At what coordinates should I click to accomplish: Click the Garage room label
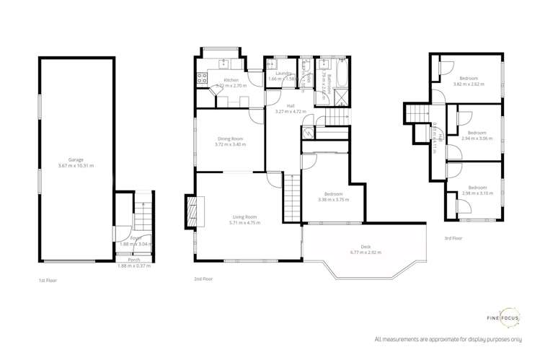click(x=76, y=159)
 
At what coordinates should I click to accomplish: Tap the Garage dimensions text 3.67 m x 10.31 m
click(x=76, y=166)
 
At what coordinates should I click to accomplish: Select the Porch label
click(x=134, y=260)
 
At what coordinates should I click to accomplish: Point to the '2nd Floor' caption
click(x=203, y=278)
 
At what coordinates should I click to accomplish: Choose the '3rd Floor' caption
click(x=453, y=238)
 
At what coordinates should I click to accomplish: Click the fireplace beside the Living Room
click(x=191, y=211)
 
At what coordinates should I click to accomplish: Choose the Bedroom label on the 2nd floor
click(x=333, y=194)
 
